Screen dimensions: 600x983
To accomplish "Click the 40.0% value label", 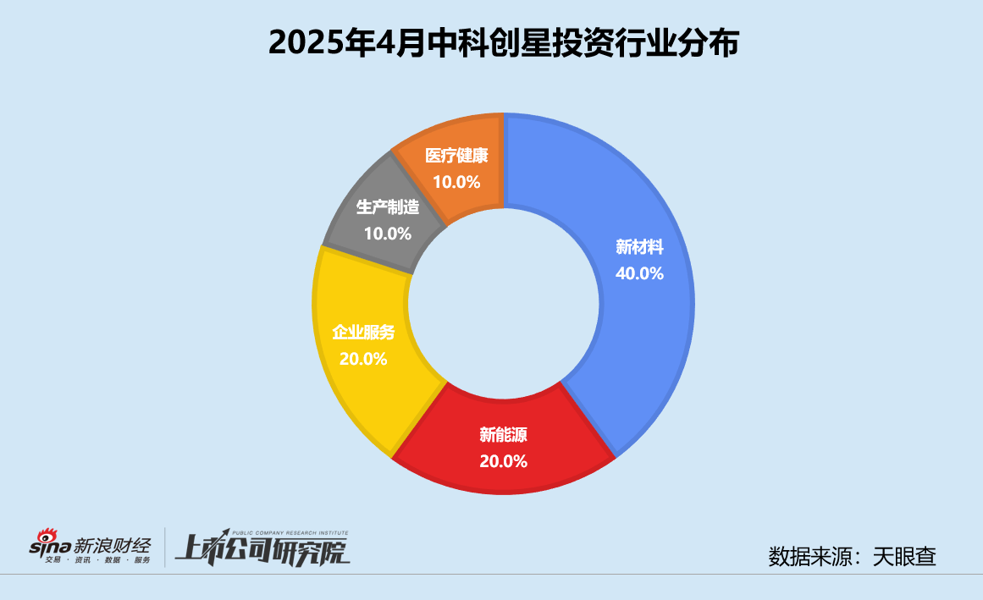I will pos(639,273).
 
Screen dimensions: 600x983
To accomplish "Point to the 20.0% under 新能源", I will pos(503,461).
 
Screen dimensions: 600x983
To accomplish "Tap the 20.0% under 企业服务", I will pos(363,359).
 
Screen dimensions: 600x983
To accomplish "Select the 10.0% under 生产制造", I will pos(387,233).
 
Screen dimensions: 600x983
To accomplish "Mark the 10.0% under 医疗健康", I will pos(456,182).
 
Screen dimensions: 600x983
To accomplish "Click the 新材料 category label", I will pos(639,248).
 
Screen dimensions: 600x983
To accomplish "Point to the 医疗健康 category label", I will pos(457,157).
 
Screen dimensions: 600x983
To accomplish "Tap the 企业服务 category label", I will pos(363,333).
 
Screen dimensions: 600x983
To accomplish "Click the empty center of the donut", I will pos(504,305).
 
